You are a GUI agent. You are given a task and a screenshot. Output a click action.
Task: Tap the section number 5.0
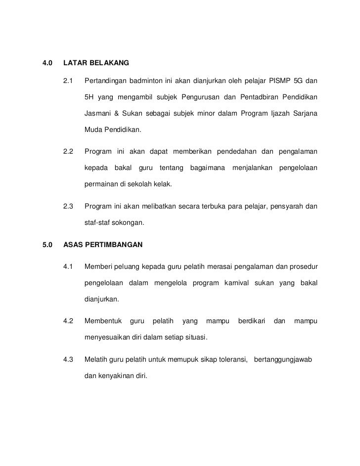point(47,245)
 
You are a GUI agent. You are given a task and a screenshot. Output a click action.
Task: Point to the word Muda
point(93,131)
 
